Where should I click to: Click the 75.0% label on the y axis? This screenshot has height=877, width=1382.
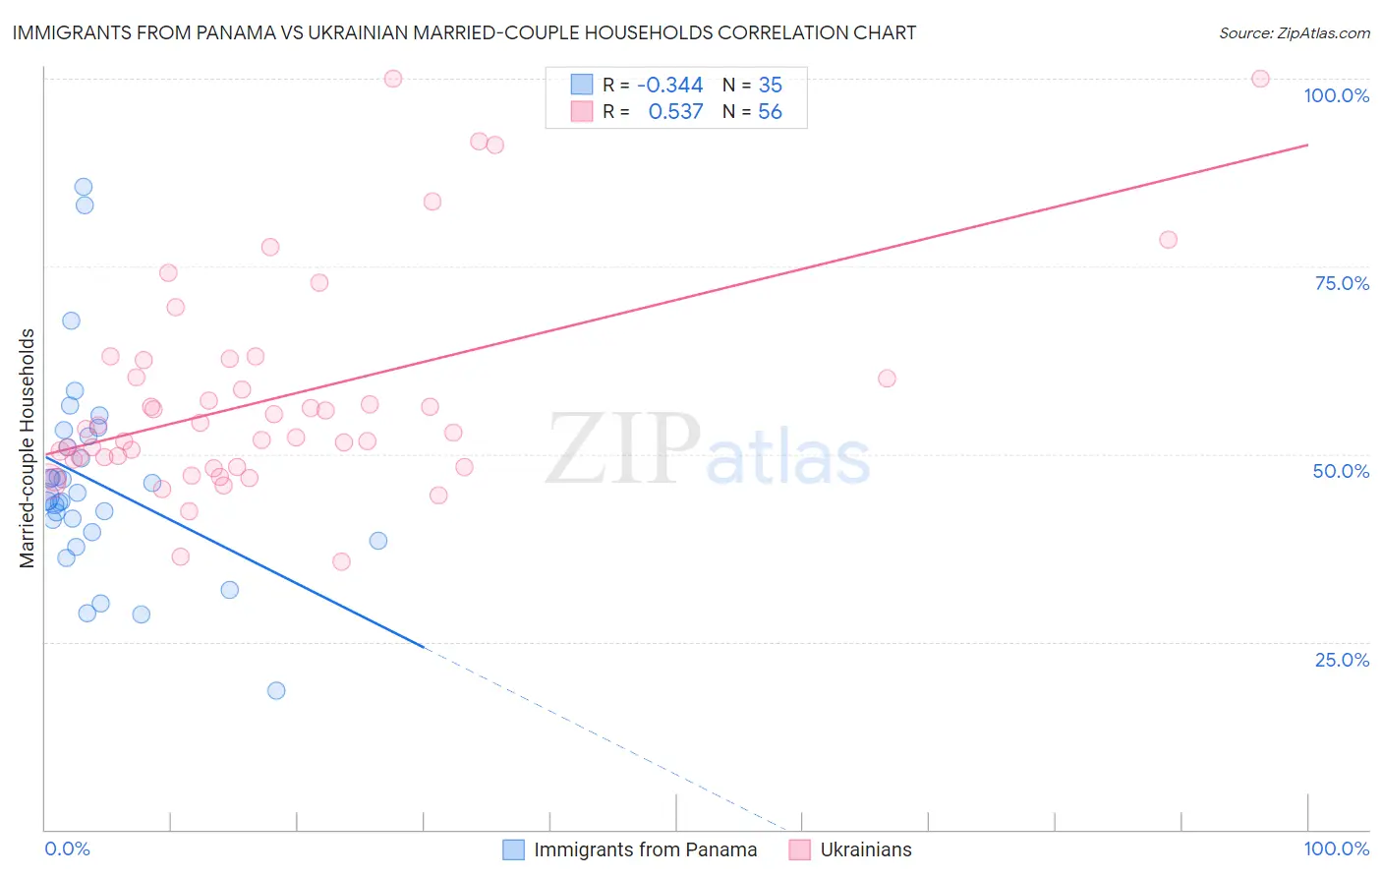(1342, 283)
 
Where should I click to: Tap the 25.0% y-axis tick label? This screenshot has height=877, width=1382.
(1342, 659)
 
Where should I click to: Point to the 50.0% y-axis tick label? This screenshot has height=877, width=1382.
(1341, 471)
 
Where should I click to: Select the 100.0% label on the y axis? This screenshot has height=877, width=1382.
(1336, 95)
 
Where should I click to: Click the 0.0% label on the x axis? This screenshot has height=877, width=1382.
(67, 848)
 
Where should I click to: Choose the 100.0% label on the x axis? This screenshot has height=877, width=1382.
(1336, 848)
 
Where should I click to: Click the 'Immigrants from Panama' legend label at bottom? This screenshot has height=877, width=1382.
(645, 849)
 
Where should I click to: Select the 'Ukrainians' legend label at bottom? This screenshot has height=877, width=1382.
(866, 849)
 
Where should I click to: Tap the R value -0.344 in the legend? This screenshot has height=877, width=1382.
(669, 85)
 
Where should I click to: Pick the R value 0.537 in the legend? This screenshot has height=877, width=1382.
(675, 112)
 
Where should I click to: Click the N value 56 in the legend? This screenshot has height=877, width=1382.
(770, 112)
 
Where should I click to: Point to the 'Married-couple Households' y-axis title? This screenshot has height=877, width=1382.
(28, 448)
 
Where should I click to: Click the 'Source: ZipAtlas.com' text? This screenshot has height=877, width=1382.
(1294, 33)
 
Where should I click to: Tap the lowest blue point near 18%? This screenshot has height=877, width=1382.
(276, 690)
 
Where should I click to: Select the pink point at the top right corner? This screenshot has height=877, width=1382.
(1260, 79)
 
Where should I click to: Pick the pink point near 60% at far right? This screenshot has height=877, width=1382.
(887, 379)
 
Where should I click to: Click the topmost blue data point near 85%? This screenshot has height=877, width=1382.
(84, 187)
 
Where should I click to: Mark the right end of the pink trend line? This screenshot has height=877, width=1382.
(1307, 145)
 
